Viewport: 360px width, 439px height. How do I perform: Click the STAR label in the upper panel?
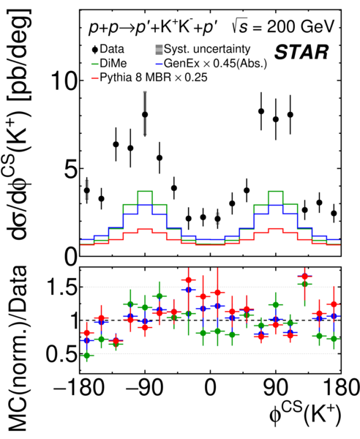click(301, 52)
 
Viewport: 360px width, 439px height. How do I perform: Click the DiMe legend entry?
click(109, 63)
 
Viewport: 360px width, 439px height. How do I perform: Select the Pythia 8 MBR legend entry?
click(149, 78)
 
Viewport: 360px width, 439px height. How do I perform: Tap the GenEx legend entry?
click(211, 64)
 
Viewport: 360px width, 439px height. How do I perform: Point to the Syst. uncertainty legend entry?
click(203, 49)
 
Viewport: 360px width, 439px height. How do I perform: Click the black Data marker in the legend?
click(95, 50)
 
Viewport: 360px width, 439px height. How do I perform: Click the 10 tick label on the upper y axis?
click(62, 80)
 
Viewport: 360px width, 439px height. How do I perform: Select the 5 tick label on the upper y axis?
click(70, 168)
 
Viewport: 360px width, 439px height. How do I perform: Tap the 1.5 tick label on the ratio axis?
click(61, 287)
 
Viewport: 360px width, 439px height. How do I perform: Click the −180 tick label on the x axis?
click(79, 388)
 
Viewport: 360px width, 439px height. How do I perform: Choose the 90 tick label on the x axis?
click(275, 388)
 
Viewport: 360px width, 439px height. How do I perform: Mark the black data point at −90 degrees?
click(145, 115)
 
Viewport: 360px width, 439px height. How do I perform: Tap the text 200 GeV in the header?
click(301, 27)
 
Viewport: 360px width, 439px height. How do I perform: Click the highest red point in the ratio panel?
click(304, 277)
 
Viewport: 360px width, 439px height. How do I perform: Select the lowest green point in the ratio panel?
click(87, 356)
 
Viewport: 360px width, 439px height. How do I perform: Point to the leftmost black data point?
click(87, 190)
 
